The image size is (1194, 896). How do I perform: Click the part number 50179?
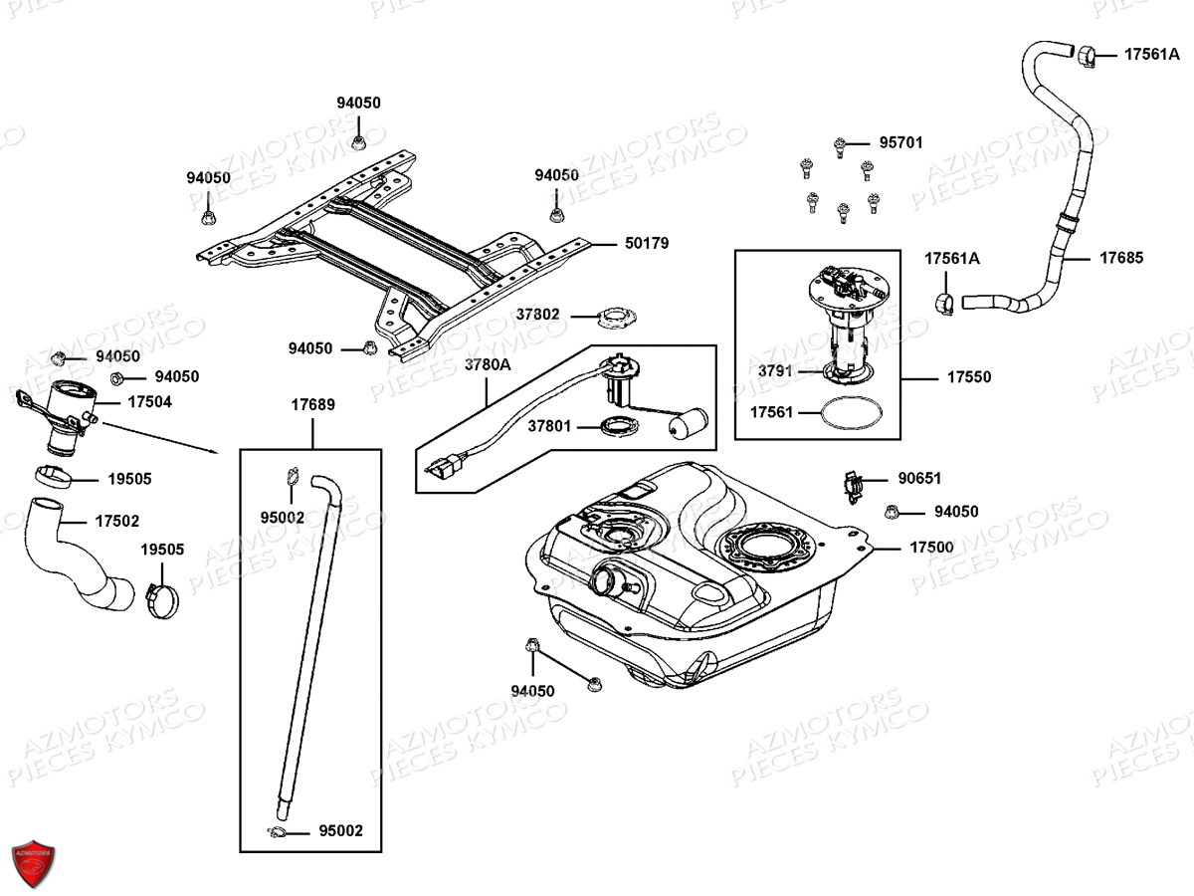tap(647, 243)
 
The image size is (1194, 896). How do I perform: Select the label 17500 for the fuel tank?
tap(931, 548)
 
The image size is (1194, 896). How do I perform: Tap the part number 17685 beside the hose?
tap(1121, 258)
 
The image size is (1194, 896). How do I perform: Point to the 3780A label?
tap(488, 364)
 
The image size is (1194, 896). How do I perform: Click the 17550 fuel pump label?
tap(969, 377)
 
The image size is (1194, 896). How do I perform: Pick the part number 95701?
tap(900, 142)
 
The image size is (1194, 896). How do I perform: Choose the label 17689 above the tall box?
tap(312, 405)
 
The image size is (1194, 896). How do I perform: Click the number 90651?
tap(919, 479)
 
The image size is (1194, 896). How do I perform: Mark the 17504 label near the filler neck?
tap(149, 402)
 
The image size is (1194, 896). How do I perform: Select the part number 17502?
tap(117, 521)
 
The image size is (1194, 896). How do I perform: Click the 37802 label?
tap(537, 315)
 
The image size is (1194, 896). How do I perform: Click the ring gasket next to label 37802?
tap(615, 320)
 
